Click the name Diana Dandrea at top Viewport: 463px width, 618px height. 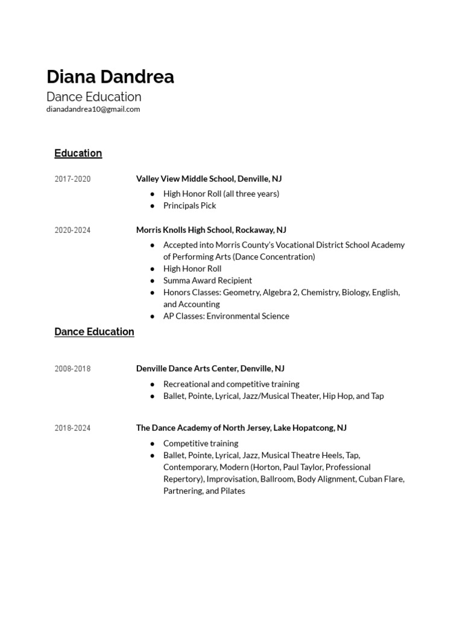110,77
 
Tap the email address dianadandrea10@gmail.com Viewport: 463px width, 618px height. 93,109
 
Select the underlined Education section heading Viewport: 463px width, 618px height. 78,153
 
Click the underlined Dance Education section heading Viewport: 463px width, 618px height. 94,332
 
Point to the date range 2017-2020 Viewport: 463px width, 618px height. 72,179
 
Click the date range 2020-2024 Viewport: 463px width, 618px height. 72,230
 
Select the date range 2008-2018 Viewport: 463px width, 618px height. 72,369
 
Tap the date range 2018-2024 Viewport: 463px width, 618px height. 72,428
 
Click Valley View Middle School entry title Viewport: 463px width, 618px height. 209,179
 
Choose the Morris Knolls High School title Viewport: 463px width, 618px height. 211,230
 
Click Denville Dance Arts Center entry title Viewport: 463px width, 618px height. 210,368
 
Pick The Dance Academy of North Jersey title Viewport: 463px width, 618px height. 241,427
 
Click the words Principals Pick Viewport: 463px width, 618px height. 189,205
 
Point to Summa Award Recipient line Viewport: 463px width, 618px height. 207,280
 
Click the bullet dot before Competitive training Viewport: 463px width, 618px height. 152,444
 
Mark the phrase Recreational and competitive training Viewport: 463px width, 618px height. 231,384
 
